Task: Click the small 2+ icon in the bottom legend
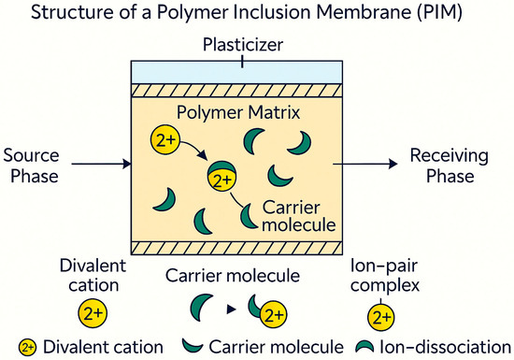pos(29,348)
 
